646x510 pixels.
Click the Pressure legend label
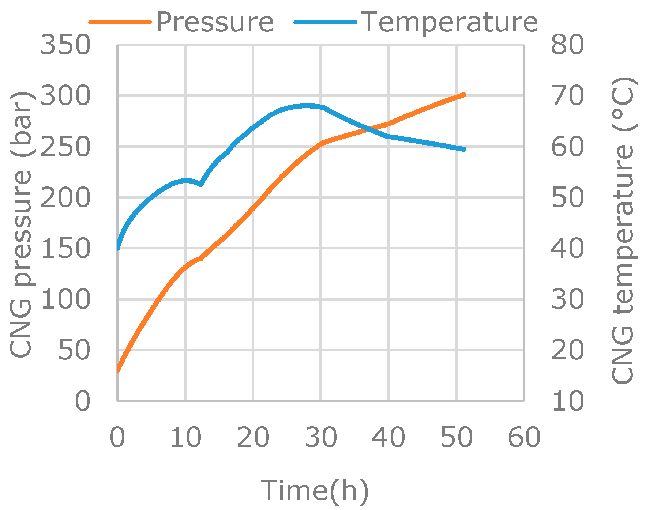[x=215, y=22]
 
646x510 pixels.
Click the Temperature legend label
[x=450, y=22]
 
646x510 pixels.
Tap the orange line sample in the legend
[x=120, y=22]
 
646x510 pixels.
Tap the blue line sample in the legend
[x=325, y=22]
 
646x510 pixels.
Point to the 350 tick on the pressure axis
[x=65, y=45]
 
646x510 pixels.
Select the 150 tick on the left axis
[x=65, y=249]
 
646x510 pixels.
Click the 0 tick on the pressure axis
[x=82, y=401]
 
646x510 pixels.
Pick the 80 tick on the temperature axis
[x=567, y=45]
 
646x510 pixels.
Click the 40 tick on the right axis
[x=567, y=249]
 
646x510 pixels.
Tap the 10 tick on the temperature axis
[x=567, y=401]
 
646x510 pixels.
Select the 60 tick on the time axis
[x=524, y=437]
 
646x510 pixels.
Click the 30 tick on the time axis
[x=321, y=437]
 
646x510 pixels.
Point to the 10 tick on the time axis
[x=185, y=437]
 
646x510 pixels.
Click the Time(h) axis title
[x=315, y=490]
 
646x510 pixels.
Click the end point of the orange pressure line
[x=464, y=95]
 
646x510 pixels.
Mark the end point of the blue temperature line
[x=464, y=149]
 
